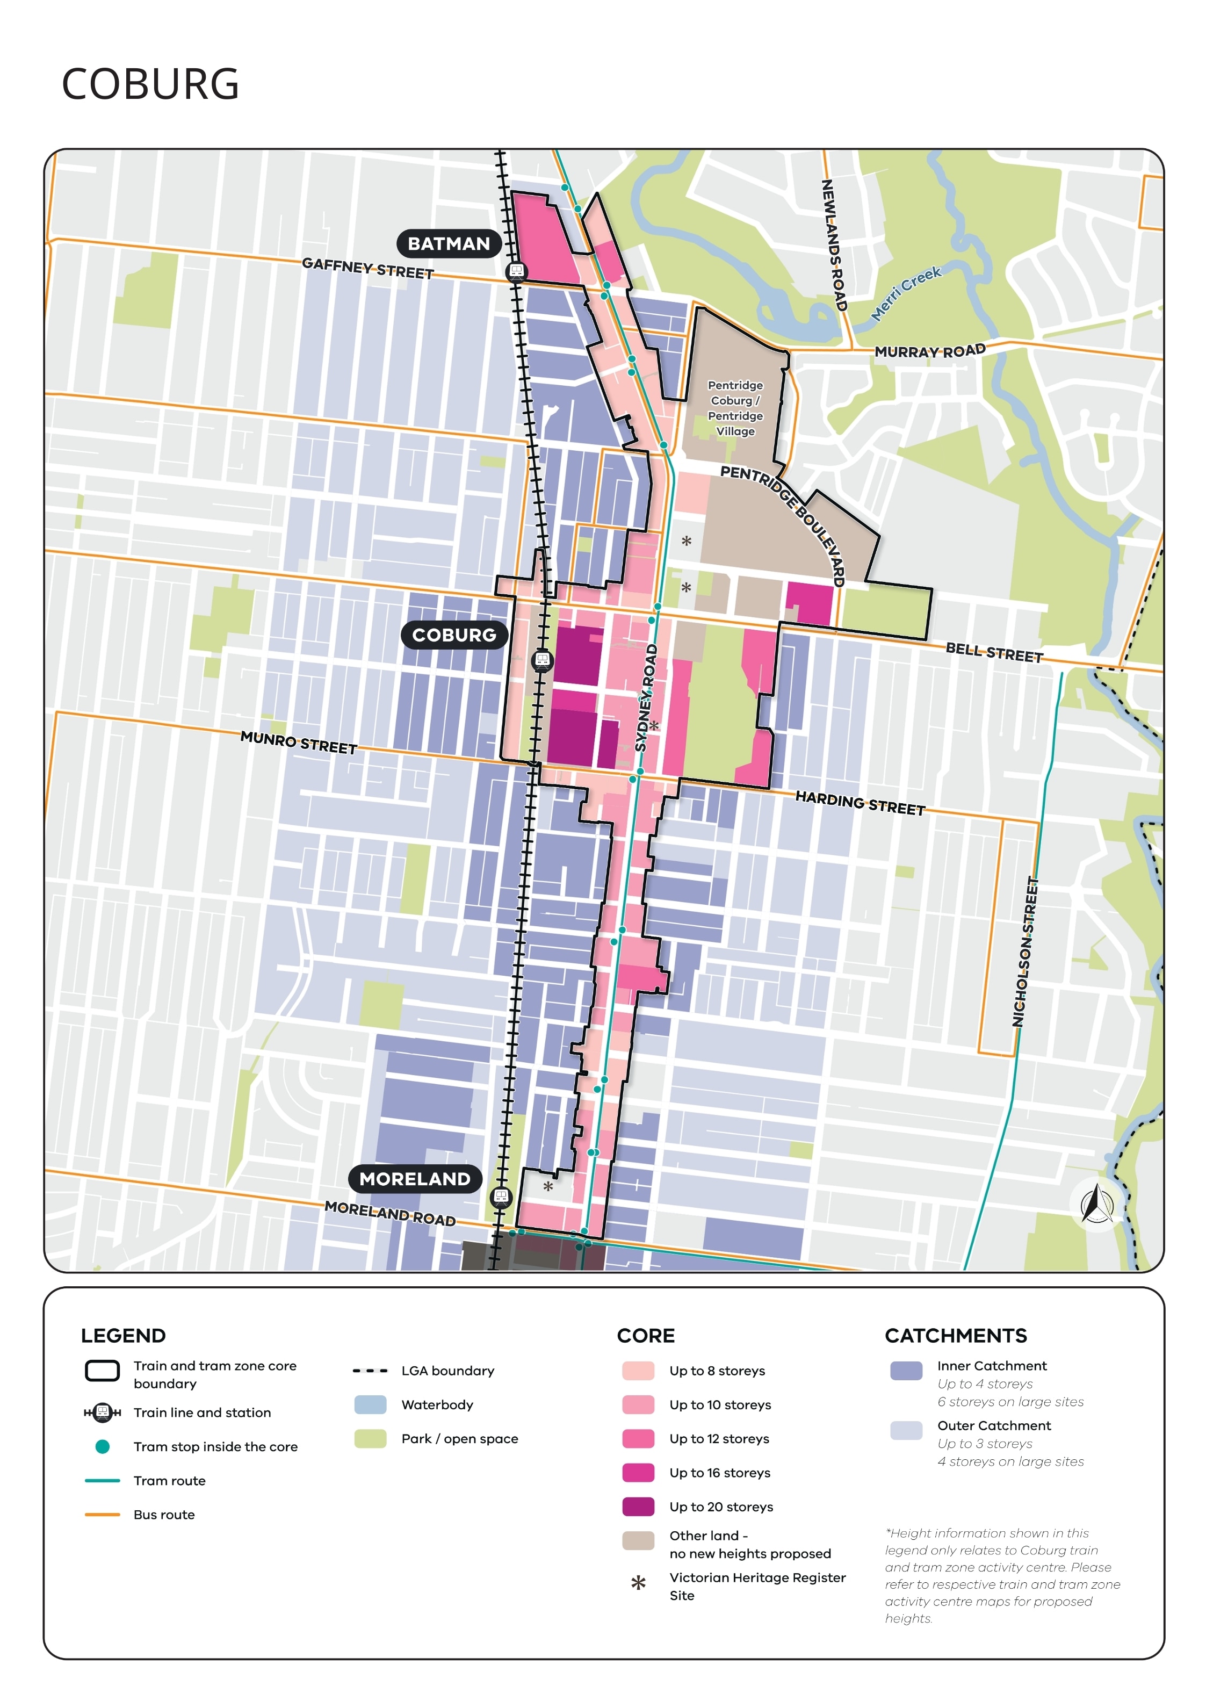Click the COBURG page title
[x=150, y=84]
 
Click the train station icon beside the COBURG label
[x=543, y=660]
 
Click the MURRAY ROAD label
[x=929, y=351]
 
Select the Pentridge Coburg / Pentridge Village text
[x=735, y=408]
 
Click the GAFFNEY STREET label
[x=367, y=269]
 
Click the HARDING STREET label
[x=860, y=803]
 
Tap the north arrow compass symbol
[x=1096, y=1203]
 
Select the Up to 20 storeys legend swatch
[x=638, y=1507]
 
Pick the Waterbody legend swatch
[x=371, y=1404]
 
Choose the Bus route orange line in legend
[x=102, y=1514]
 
